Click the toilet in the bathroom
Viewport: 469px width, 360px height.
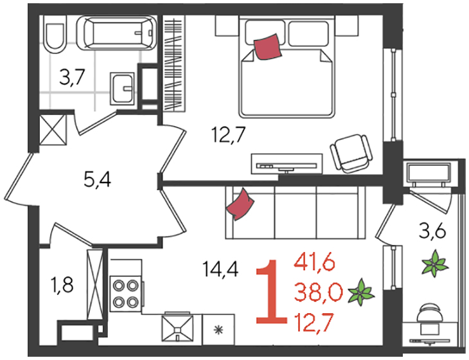[x=54, y=35]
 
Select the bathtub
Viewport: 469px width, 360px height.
[x=117, y=33]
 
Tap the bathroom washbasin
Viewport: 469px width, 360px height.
[x=122, y=89]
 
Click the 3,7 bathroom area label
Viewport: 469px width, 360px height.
[x=73, y=77]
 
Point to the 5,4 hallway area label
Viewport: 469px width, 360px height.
[x=98, y=181]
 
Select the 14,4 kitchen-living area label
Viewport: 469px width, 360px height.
[x=220, y=269]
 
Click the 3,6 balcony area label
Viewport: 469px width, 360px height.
[x=432, y=232]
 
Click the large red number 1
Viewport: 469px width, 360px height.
[x=271, y=292]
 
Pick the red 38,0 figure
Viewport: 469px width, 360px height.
[x=318, y=292]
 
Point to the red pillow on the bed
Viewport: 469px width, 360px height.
[x=268, y=47]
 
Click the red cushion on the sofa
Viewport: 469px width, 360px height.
[x=240, y=204]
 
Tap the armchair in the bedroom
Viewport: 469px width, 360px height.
[x=351, y=153]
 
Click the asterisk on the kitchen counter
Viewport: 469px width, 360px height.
[x=218, y=330]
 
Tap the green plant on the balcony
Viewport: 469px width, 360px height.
[x=435, y=263]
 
